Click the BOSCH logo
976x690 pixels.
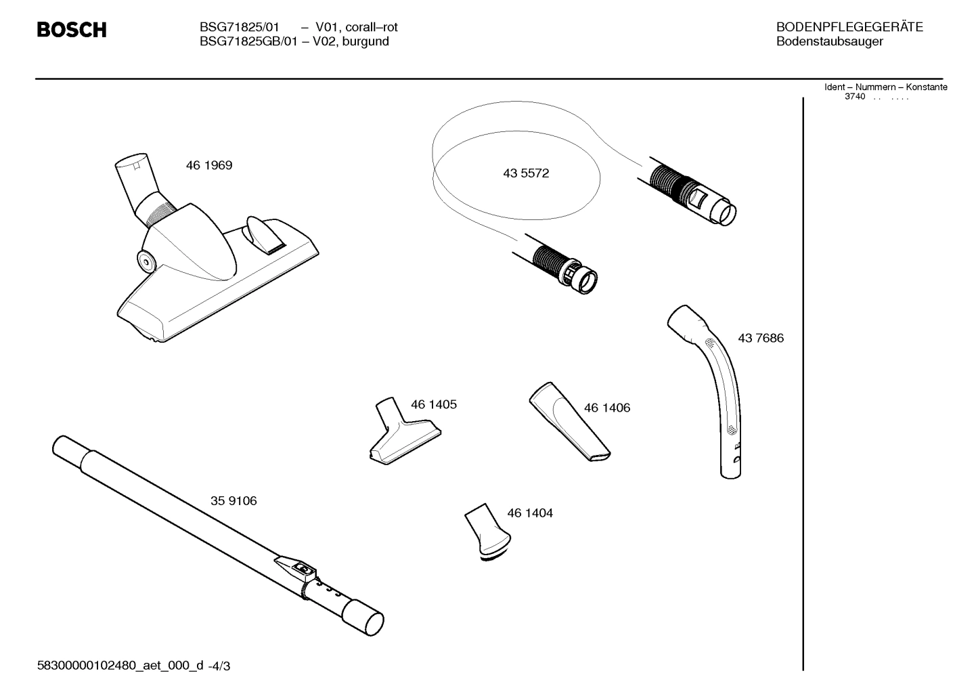pyautogui.click(x=71, y=30)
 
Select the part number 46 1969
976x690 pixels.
pyautogui.click(x=209, y=165)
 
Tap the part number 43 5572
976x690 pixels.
pyautogui.click(x=526, y=173)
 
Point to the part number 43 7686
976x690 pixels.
pyautogui.click(x=761, y=338)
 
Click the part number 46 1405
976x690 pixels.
pyautogui.click(x=434, y=404)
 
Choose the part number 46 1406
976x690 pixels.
pyautogui.click(x=607, y=408)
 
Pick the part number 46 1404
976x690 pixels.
pyautogui.click(x=530, y=513)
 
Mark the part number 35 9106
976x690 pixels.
pyautogui.click(x=234, y=501)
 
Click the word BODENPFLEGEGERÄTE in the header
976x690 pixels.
pyautogui.click(x=849, y=28)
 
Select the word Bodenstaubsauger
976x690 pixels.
pyautogui.click(x=829, y=42)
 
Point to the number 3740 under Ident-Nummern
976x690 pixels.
pyautogui.click(x=855, y=97)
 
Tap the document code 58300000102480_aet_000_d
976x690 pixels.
pyautogui.click(x=120, y=666)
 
